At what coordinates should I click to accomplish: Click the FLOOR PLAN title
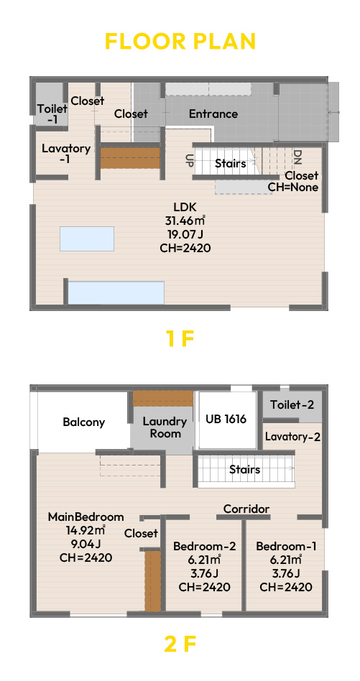[x=180, y=41]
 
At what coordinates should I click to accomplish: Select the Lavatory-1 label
[x=66, y=153]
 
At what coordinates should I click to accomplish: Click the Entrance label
[x=213, y=114]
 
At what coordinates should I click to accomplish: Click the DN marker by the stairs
[x=297, y=157]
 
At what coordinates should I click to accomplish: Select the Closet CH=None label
[x=293, y=182]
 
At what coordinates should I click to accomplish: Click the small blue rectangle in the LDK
[x=87, y=238]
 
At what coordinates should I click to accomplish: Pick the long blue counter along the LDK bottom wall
[x=116, y=292]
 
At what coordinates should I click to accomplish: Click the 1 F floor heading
[x=180, y=339]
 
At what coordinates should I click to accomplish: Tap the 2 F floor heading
[x=180, y=644]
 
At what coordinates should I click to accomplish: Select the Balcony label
[x=84, y=422]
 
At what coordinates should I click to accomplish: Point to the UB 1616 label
[x=226, y=419]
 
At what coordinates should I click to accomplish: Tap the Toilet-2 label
[x=292, y=405]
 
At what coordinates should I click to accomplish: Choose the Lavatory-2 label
[x=292, y=437]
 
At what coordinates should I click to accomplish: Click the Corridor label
[x=246, y=509]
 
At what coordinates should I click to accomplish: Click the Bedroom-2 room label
[x=205, y=547]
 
